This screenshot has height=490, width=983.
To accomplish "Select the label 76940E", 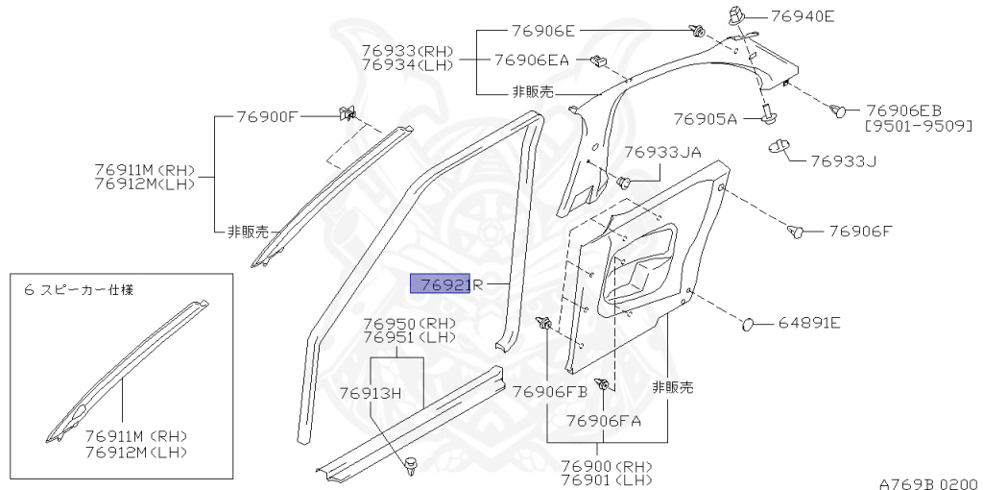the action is [800, 15].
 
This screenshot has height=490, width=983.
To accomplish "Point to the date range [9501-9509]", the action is [918, 126].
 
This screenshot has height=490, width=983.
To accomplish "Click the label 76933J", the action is [845, 160].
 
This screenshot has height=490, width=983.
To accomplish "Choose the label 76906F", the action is [860, 231].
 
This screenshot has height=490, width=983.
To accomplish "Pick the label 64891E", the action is [809, 323].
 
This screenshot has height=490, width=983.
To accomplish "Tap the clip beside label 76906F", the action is [796, 231].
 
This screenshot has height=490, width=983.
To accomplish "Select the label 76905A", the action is [705, 119].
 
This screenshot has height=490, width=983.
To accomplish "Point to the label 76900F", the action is [268, 117].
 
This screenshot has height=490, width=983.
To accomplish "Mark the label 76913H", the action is [369, 392].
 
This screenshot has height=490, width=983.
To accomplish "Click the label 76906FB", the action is [549, 392].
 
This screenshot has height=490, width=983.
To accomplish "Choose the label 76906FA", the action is [603, 420].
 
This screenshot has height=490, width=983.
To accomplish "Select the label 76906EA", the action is [532, 60].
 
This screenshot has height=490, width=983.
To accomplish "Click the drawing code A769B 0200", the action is [927, 484].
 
